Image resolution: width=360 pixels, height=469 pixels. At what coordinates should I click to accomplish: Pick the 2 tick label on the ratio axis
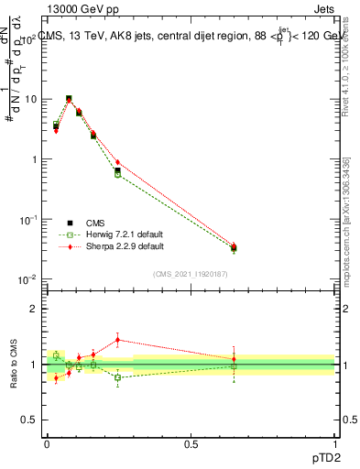pyautogui.click(x=37, y=309)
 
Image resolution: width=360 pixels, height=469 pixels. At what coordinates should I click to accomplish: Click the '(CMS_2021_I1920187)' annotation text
pyautogui.click(x=189, y=273)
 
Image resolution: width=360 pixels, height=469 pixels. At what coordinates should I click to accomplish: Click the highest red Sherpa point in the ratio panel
pyautogui.click(x=117, y=340)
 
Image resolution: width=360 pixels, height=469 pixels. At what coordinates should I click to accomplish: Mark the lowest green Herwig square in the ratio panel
pyautogui.click(x=117, y=377)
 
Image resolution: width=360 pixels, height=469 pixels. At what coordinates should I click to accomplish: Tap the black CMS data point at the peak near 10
pyautogui.click(x=69, y=99)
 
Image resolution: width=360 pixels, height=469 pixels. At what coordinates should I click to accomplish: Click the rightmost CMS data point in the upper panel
pyautogui.click(x=234, y=247)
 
